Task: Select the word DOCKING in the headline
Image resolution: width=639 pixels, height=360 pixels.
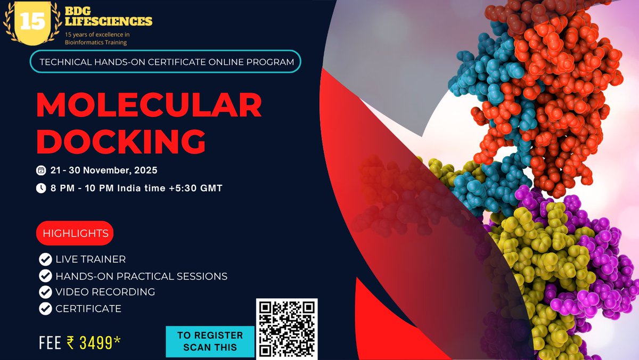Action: pyautogui.click(x=121, y=141)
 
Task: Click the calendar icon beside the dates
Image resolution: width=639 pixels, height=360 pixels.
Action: pyautogui.click(x=40, y=171)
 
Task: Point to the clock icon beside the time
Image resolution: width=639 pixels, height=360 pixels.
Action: pyautogui.click(x=40, y=188)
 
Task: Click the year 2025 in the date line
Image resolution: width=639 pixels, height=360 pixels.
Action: pyautogui.click(x=145, y=171)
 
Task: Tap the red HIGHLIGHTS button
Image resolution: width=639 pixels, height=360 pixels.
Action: pyautogui.click(x=75, y=233)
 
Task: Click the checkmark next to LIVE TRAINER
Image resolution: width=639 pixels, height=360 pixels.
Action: pyautogui.click(x=45, y=260)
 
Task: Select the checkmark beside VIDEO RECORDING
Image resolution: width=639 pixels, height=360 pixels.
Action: pyautogui.click(x=45, y=292)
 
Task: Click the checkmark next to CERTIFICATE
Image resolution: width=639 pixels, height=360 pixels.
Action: pyautogui.click(x=45, y=308)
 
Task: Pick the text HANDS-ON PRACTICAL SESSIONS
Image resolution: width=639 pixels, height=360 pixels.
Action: pyautogui.click(x=141, y=276)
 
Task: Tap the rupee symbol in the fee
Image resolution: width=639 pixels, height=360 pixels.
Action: pyautogui.click(x=71, y=342)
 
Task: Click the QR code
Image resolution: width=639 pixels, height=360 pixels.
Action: pyautogui.click(x=287, y=328)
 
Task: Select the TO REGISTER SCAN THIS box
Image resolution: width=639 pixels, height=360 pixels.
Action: pyautogui.click(x=210, y=341)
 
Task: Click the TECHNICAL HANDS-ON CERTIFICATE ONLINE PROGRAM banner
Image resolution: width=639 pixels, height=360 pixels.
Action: pyautogui.click(x=166, y=62)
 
